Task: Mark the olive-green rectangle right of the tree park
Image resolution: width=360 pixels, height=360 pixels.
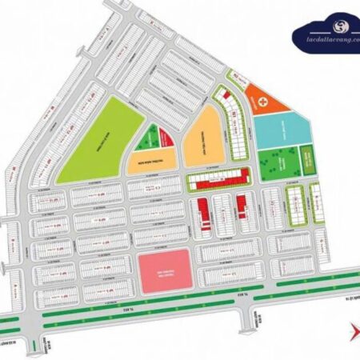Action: click(309, 159)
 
